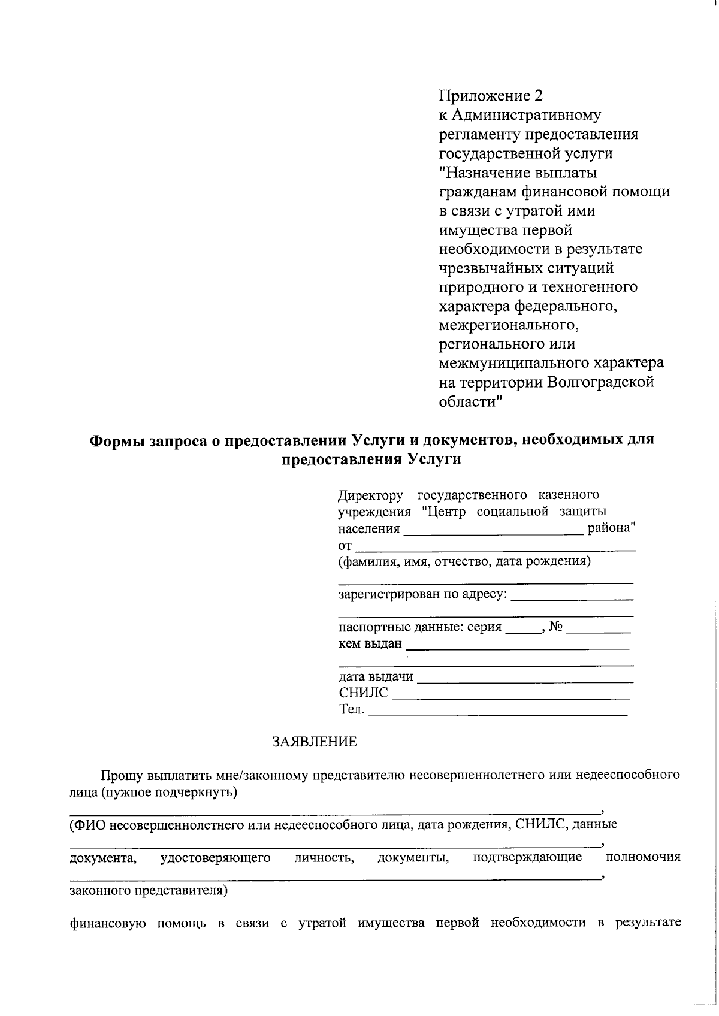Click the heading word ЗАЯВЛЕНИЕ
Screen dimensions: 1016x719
(x=315, y=742)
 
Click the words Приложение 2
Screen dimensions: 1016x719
(x=491, y=96)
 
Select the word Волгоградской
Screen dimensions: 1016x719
(x=601, y=382)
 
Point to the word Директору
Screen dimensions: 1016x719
(x=371, y=495)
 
